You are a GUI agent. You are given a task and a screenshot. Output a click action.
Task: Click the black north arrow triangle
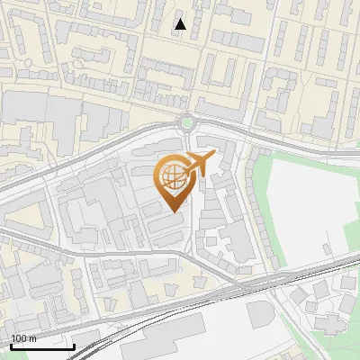(x=180, y=24)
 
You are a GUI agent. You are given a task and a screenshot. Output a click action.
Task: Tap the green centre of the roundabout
(x=186, y=123)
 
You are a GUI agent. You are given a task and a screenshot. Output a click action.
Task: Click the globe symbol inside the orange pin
(x=172, y=178)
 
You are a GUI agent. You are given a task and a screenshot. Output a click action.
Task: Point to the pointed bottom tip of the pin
(x=174, y=211)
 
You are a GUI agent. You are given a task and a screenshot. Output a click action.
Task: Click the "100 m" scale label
(x=24, y=338)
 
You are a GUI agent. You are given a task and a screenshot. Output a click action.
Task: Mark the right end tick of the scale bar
(x=74, y=345)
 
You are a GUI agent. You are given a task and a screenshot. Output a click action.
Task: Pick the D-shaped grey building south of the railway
(x=259, y=314)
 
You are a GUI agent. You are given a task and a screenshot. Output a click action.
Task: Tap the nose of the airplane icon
(x=213, y=157)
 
